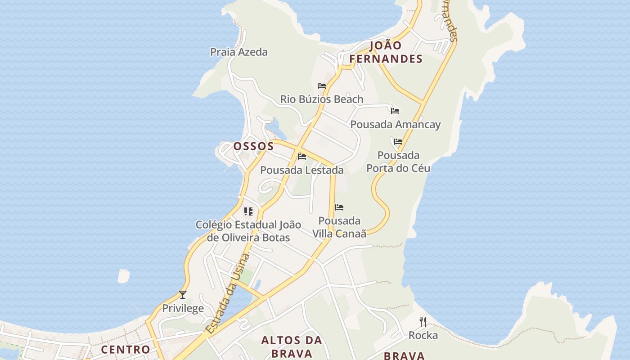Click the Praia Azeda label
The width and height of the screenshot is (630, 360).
(239, 52)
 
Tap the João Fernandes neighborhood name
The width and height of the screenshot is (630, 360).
(386, 52)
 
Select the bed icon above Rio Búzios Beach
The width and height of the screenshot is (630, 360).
(322, 85)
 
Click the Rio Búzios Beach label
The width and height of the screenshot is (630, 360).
(322, 99)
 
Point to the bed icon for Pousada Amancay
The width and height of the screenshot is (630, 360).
(395, 111)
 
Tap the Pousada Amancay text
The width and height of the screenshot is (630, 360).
(396, 125)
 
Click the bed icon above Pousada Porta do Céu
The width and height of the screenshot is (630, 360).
(398, 141)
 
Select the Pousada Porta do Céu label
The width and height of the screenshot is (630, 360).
(398, 162)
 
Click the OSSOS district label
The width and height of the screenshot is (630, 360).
(253, 146)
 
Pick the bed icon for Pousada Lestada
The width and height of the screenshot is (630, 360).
(302, 157)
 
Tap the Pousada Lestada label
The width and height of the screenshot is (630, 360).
(302, 170)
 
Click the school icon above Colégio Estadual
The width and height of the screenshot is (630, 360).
(248, 211)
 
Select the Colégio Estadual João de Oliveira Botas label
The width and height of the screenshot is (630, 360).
(248, 231)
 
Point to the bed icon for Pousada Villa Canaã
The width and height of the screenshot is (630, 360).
(339, 207)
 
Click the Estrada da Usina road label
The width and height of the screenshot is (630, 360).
(228, 293)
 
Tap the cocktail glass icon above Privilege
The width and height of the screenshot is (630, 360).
(183, 295)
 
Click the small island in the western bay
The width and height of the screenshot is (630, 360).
(123, 275)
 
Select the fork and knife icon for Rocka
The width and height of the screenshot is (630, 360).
(423, 321)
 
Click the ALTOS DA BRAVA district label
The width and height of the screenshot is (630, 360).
(292, 346)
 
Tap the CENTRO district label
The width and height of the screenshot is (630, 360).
(126, 349)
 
